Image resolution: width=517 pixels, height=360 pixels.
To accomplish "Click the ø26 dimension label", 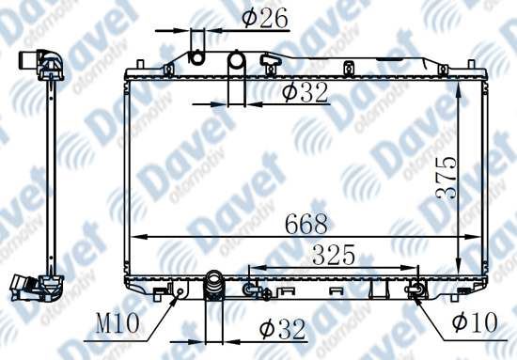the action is (265, 18).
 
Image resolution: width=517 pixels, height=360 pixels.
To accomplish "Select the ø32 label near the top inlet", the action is (305, 92).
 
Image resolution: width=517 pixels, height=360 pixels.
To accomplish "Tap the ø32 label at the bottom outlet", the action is (282, 328).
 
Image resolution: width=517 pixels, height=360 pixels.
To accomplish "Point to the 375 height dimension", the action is (446, 179).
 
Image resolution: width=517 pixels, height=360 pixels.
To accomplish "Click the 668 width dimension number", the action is (306, 224).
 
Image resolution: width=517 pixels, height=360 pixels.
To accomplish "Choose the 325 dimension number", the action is (334, 255).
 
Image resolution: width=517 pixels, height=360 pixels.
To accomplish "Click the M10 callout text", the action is (117, 323).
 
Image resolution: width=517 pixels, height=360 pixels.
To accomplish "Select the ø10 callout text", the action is (475, 322).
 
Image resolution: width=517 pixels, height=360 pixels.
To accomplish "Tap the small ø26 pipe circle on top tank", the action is (197, 58).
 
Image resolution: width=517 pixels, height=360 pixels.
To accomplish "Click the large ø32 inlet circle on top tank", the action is (236, 60).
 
